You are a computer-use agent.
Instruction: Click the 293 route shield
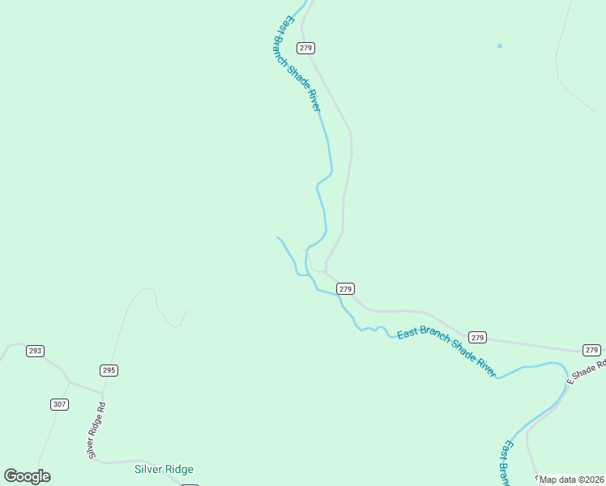pyautogui.click(x=35, y=351)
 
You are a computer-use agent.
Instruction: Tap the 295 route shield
pyautogui.click(x=109, y=370)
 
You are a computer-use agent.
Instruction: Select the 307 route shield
pyautogui.click(x=59, y=404)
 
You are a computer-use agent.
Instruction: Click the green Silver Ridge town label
pyautogui.click(x=164, y=469)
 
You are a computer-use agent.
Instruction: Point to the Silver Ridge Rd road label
pyautogui.click(x=96, y=430)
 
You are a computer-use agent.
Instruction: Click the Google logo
pyautogui.click(x=27, y=476)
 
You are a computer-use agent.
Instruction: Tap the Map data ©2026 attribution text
pyautogui.click(x=572, y=480)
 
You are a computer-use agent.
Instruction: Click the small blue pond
pyautogui.click(x=499, y=45)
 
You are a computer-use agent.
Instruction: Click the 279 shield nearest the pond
pyautogui.click(x=305, y=48)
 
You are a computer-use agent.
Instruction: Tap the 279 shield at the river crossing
pyautogui.click(x=346, y=288)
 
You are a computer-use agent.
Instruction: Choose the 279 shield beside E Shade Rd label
pyautogui.click(x=591, y=350)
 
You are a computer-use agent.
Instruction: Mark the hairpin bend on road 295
pyautogui.click(x=147, y=289)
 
